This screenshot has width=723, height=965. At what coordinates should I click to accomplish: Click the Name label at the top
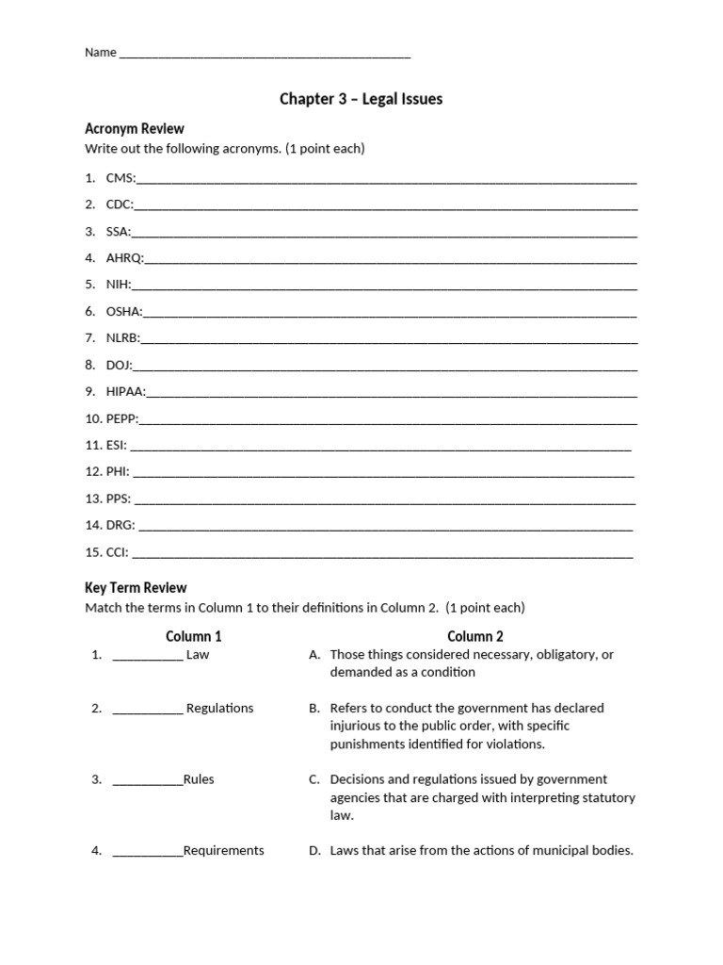tap(100, 53)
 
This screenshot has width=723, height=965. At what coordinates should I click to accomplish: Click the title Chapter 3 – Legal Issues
tap(361, 99)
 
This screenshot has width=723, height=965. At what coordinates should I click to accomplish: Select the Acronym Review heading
tap(135, 129)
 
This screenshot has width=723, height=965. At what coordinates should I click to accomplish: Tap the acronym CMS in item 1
tap(120, 178)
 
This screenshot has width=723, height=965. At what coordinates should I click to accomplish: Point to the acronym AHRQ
tap(124, 257)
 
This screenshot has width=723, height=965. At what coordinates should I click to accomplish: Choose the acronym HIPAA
tap(125, 391)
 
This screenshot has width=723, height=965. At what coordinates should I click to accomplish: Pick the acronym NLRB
tap(122, 337)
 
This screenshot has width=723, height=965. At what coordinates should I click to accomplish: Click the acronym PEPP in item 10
tap(121, 418)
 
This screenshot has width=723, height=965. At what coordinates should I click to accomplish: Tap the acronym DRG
tap(120, 525)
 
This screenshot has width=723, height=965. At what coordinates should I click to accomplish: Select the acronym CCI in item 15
tap(118, 552)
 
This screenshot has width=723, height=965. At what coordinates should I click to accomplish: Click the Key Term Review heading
tap(136, 587)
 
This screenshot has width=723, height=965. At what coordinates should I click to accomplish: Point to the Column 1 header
tap(194, 636)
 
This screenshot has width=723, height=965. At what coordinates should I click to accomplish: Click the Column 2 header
tap(475, 636)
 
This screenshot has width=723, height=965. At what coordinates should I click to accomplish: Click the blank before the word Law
tap(148, 655)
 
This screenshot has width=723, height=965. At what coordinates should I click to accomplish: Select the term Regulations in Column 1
tap(219, 709)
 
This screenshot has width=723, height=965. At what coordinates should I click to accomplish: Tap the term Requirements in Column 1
tap(223, 851)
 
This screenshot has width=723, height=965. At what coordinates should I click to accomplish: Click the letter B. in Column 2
tap(314, 709)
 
